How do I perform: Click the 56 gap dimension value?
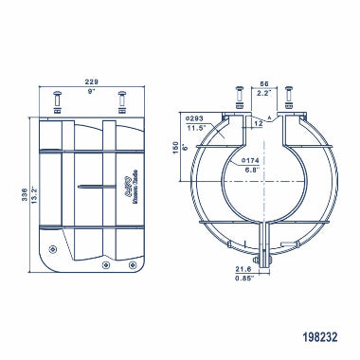tap(264, 85)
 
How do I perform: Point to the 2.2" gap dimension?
tap(264, 94)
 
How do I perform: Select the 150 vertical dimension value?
tap(174, 150)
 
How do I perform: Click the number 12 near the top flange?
tap(257, 122)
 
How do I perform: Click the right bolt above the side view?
tap(120, 101)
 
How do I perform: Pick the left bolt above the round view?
tap(238, 99)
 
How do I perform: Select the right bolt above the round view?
tap(289, 99)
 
